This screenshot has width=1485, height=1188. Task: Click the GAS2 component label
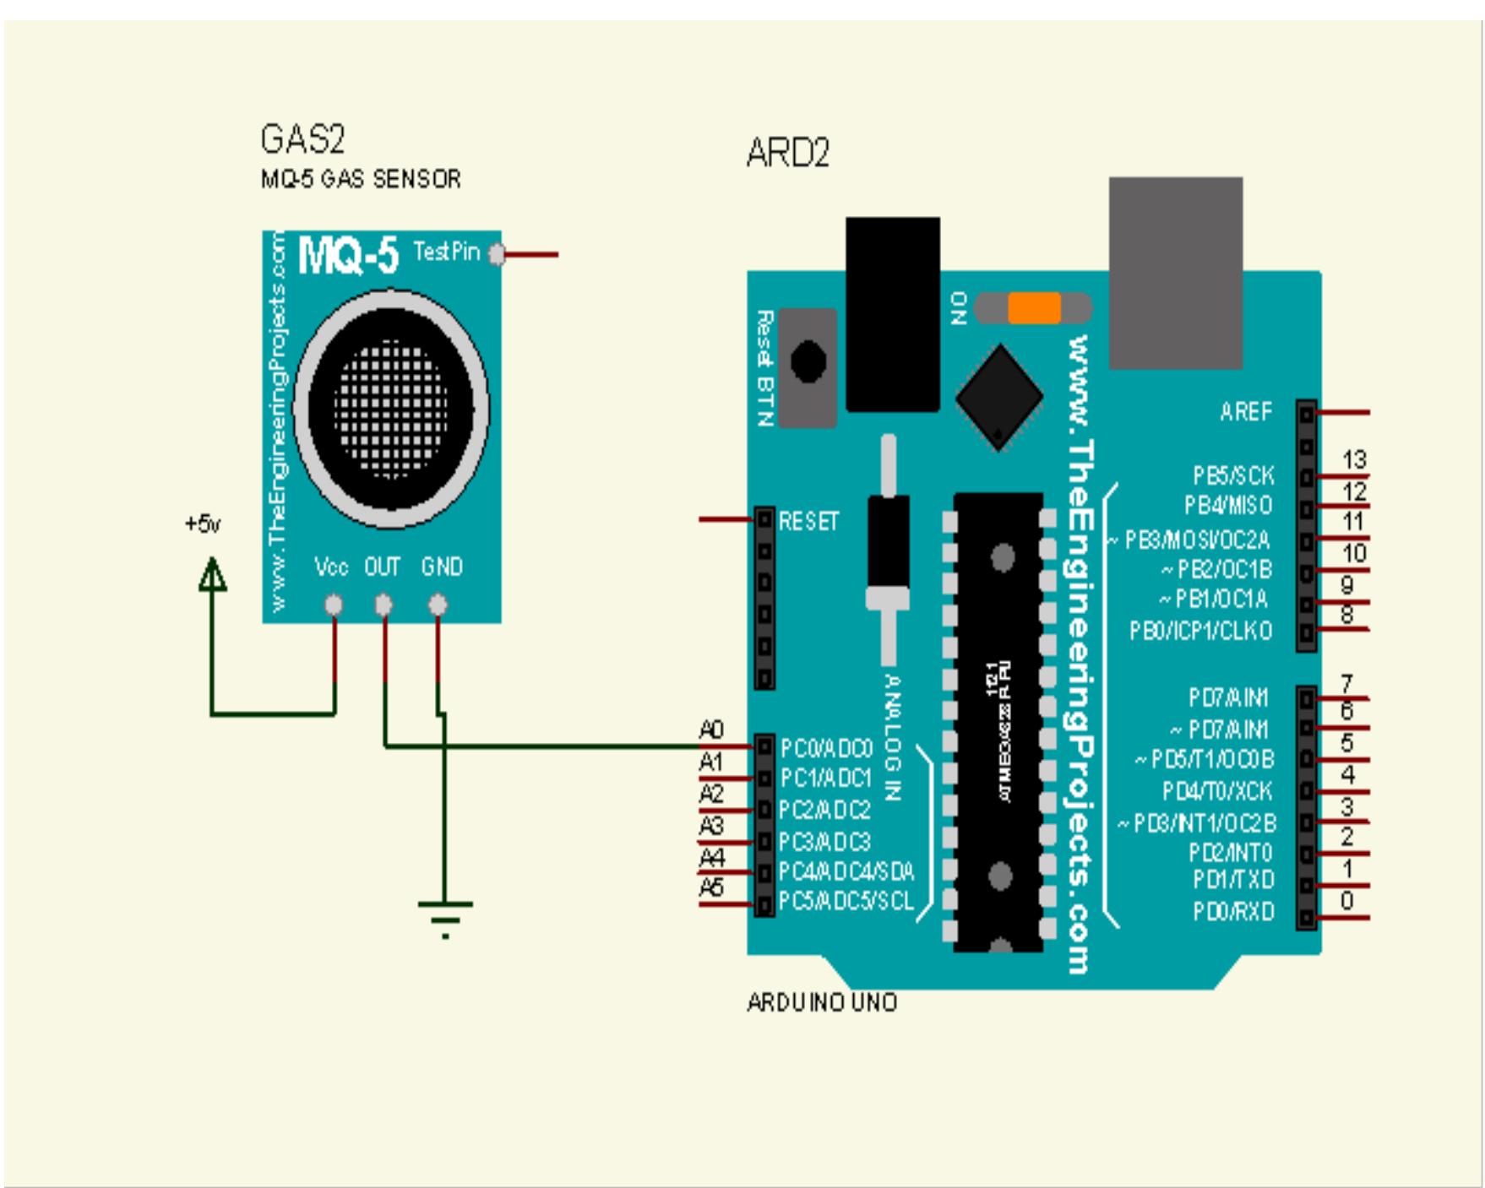[x=302, y=139]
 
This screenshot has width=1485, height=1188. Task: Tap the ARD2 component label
[x=787, y=153]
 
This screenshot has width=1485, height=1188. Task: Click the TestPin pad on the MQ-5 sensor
[x=498, y=253]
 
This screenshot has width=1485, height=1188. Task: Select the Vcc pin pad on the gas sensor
[x=335, y=605]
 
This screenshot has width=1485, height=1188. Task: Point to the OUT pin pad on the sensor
[x=383, y=605]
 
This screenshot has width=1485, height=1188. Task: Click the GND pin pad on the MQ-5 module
[x=438, y=605]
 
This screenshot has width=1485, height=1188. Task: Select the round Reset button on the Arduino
[x=808, y=361]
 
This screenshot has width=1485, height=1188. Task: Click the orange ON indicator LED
[x=1034, y=308]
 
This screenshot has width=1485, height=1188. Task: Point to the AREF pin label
[x=1245, y=412]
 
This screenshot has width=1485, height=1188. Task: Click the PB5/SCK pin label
[x=1233, y=476]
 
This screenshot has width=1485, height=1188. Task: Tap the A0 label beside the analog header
[x=711, y=730]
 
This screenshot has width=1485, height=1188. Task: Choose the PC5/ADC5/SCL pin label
[x=846, y=902]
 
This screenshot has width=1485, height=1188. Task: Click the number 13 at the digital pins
[x=1354, y=460]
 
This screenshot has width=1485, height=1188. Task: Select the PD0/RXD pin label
[x=1233, y=912]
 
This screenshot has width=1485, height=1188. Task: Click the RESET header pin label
[x=808, y=521]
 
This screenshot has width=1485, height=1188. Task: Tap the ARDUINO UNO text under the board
[x=821, y=1003]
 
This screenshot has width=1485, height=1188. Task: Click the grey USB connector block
[x=1175, y=273]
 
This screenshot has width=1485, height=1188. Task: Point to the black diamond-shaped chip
[x=999, y=396]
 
